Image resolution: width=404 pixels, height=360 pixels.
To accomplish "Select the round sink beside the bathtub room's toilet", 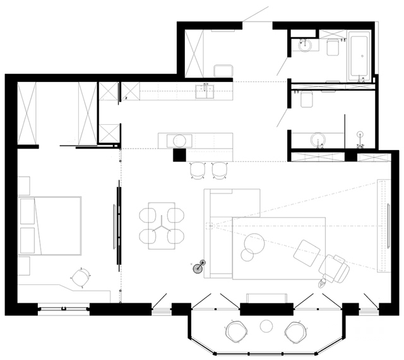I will tap(304, 45).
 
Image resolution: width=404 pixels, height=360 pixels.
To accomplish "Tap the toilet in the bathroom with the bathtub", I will tap(333, 47).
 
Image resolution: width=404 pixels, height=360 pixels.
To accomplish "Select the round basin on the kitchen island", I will tap(180, 140).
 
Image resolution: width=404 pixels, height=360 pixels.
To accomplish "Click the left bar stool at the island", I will tap(198, 169).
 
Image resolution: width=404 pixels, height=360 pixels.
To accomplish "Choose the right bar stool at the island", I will tap(220, 169).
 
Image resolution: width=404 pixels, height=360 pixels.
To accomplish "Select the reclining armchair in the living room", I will tap(333, 269).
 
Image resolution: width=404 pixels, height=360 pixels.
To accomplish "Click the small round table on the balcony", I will tap(266, 325).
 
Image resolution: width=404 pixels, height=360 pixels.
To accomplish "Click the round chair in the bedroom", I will tap(80, 277).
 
